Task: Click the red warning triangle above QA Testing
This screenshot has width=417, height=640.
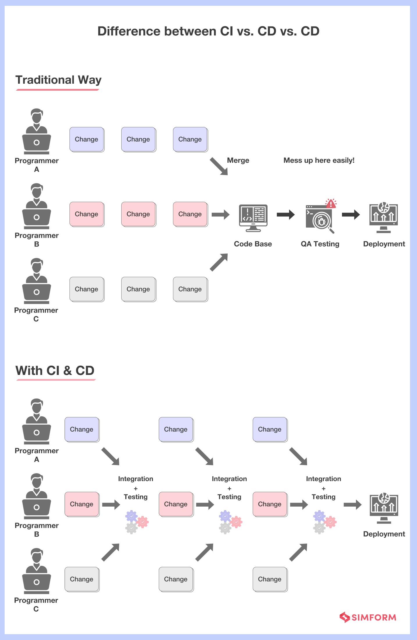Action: coord(331,203)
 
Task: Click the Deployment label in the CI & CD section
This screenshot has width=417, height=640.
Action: coord(384,534)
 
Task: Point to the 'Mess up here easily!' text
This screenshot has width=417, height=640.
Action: coord(319,160)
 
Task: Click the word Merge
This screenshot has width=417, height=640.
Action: coord(238,160)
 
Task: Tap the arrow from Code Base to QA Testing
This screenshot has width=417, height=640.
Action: coord(286,215)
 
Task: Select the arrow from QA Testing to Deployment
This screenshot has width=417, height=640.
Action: coord(351,215)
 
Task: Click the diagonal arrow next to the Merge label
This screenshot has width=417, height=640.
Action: coord(219,167)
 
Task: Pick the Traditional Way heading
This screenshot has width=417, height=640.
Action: coord(58,80)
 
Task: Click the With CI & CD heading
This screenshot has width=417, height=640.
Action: coord(55,371)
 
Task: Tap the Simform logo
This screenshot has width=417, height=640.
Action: coord(368,617)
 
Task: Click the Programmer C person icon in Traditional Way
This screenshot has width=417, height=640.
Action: coord(37,281)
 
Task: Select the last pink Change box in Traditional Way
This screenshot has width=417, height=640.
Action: coord(190,214)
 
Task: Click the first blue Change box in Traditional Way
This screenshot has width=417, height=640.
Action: coord(87,140)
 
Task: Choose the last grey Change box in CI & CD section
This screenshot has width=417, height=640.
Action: coord(270,579)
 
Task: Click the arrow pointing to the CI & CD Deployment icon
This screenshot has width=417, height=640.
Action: coord(352,505)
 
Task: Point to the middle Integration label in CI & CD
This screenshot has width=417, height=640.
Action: coord(229,479)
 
